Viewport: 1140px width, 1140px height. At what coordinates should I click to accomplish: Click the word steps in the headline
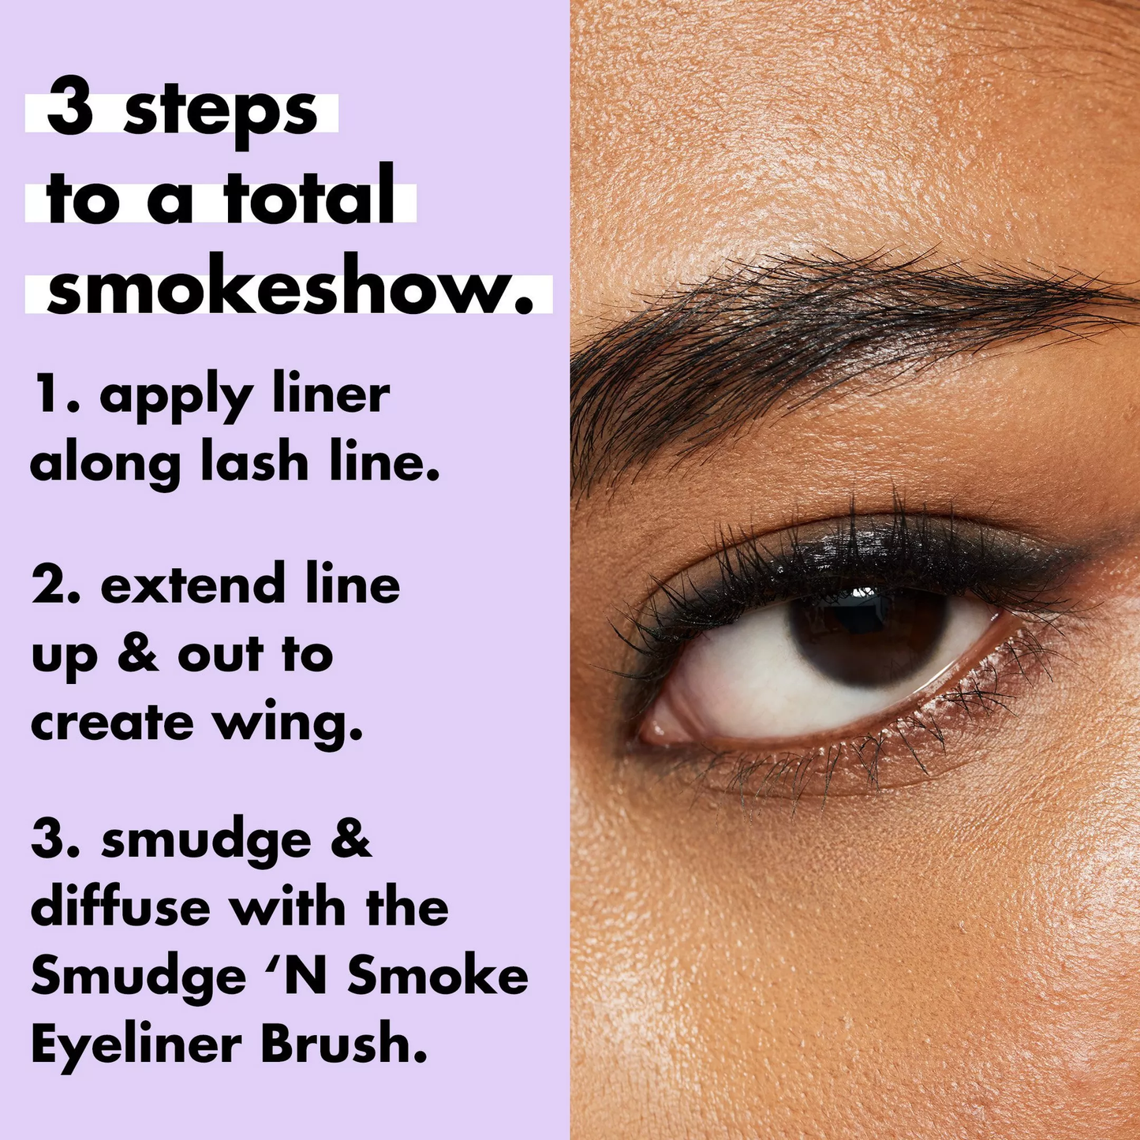220,114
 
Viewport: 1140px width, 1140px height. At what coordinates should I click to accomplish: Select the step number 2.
54,585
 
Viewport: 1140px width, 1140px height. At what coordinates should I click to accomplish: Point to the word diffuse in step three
120,907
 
